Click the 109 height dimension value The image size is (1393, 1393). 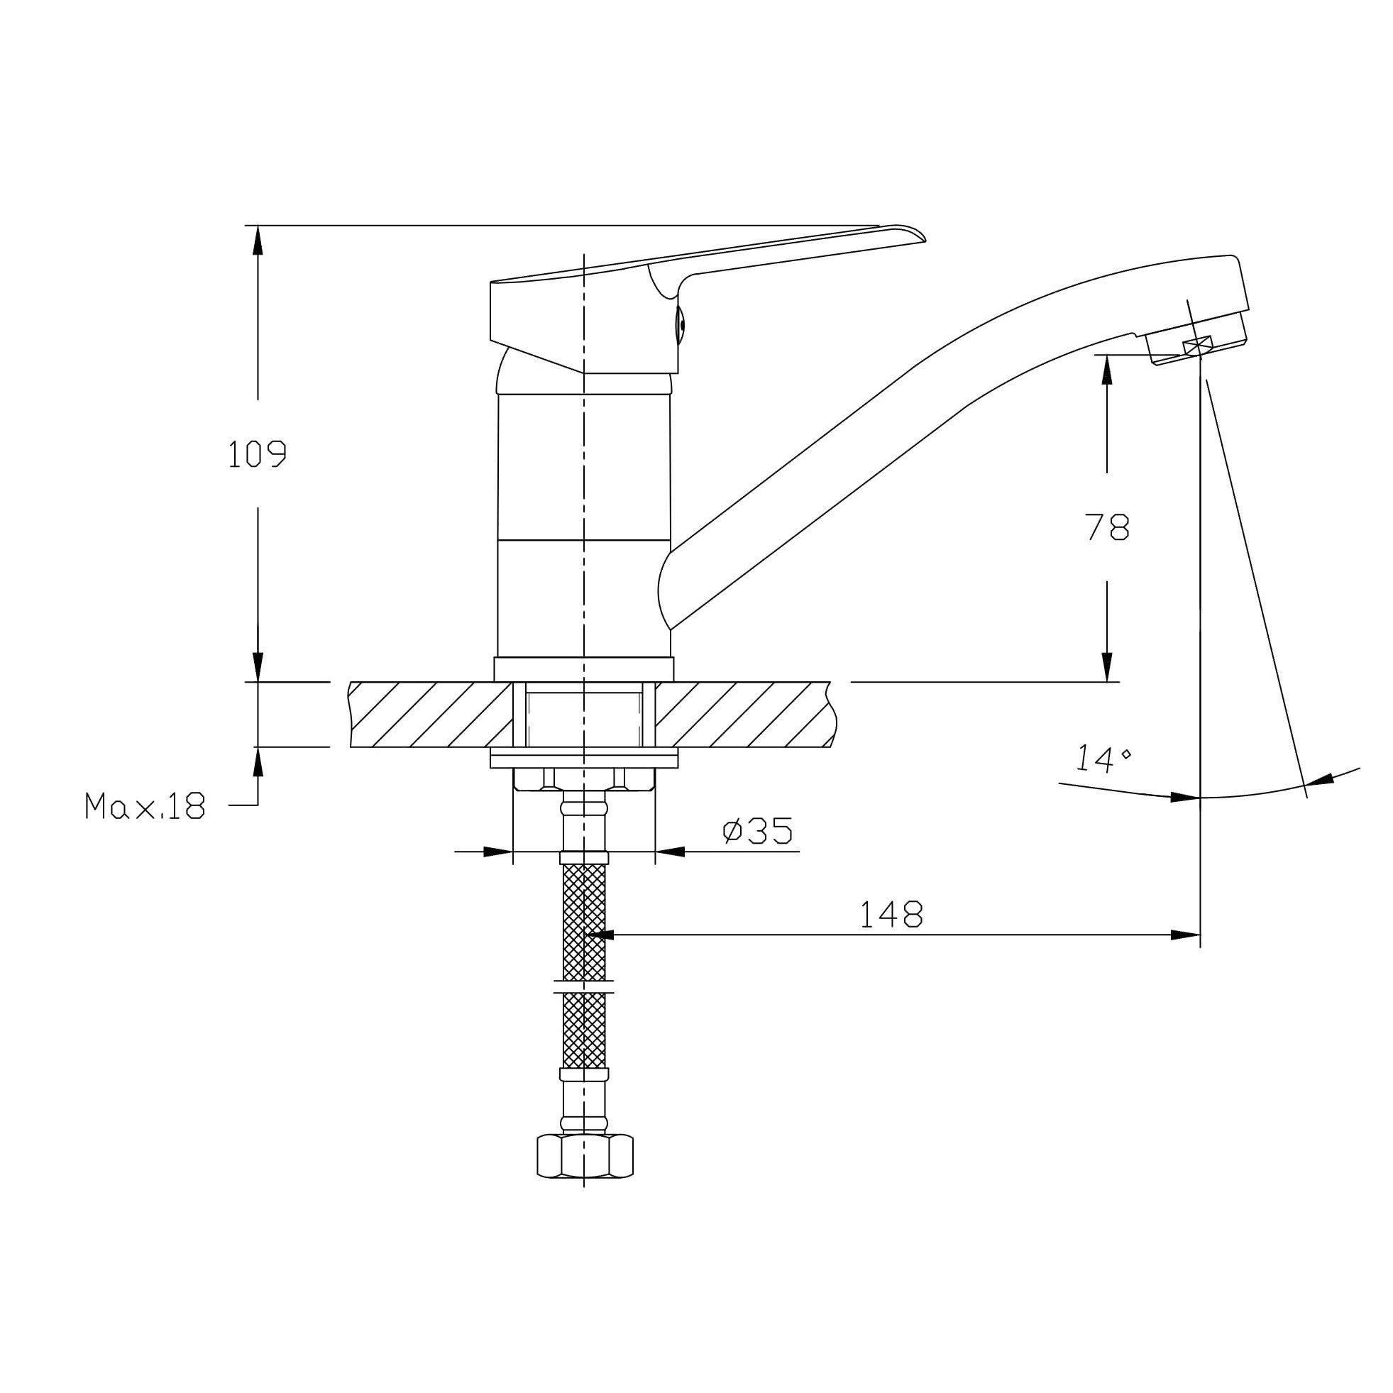click(x=257, y=454)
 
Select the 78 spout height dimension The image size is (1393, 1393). click(x=1107, y=528)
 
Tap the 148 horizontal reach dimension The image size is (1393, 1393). click(x=891, y=914)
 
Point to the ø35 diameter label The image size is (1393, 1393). click(x=757, y=830)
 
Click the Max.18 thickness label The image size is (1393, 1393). click(x=145, y=805)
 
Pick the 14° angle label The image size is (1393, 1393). click(x=1103, y=759)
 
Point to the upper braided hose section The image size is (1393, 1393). click(x=584, y=923)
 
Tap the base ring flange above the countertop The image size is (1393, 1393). click(x=583, y=669)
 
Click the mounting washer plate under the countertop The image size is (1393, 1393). click(x=583, y=758)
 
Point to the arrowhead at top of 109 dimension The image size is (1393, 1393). click(x=258, y=239)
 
